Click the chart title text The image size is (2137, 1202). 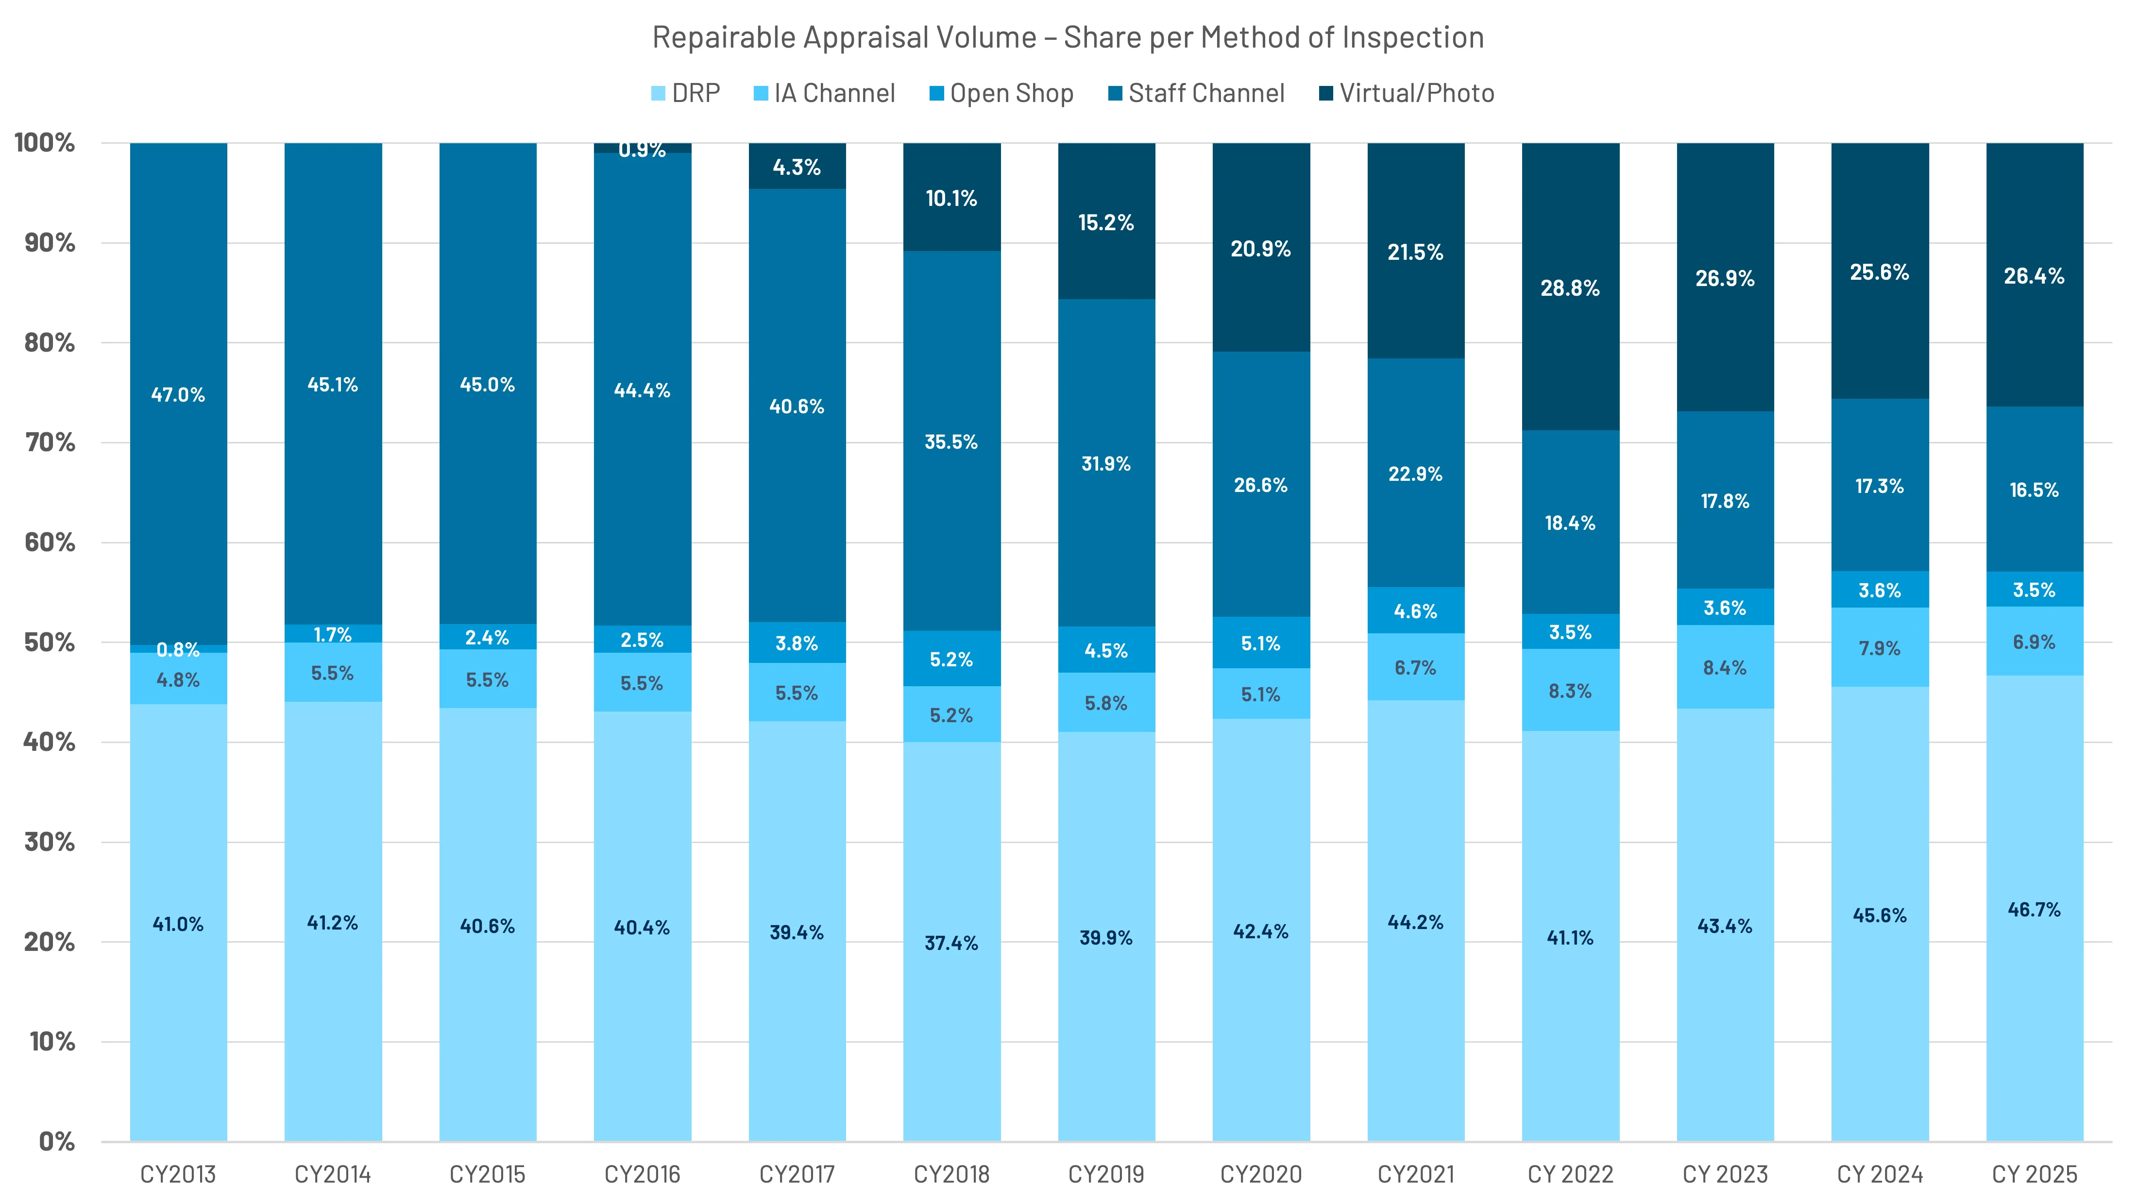[x=1068, y=37]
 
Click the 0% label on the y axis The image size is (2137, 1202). [x=56, y=1141]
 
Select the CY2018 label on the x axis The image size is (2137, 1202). [x=951, y=1174]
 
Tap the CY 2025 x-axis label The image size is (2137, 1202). [x=2034, y=1174]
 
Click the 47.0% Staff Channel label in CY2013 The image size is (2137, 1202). [x=178, y=395]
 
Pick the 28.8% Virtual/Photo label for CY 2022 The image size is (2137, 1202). [x=1570, y=288]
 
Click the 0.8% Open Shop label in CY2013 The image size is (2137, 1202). [x=178, y=649]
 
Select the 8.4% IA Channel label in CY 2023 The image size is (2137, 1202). [x=1725, y=668]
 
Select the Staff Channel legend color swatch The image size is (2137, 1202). [x=1115, y=93]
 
